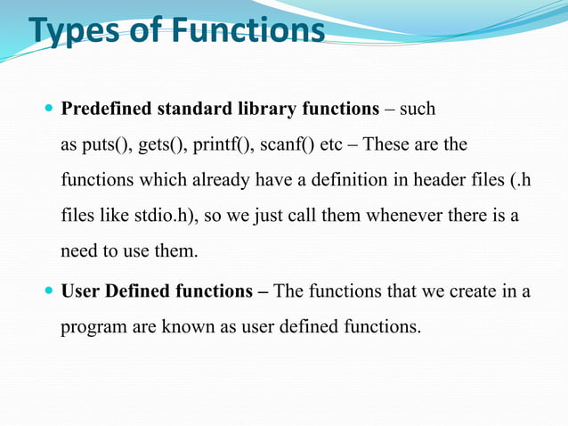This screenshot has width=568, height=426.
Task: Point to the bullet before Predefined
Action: [x=48, y=110]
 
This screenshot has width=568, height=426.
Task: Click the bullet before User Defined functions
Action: [x=48, y=291]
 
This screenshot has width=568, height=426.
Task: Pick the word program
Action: [x=93, y=327]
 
